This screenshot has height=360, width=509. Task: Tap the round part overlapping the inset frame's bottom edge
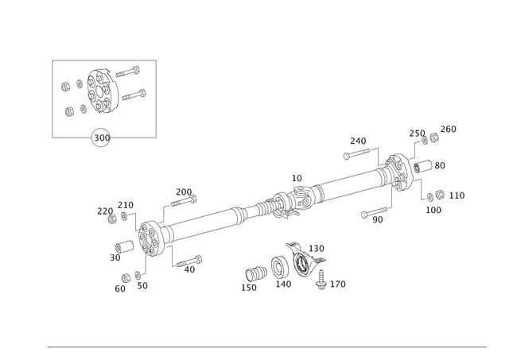pyautogui.click(x=100, y=137)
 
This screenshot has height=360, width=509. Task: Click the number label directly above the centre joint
pyautogui.click(x=297, y=176)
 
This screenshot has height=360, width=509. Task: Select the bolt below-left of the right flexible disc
pyautogui.click(x=374, y=213)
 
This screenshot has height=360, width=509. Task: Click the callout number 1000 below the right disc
pyautogui.click(x=435, y=210)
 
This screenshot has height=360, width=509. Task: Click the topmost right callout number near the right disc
pyautogui.click(x=449, y=127)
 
